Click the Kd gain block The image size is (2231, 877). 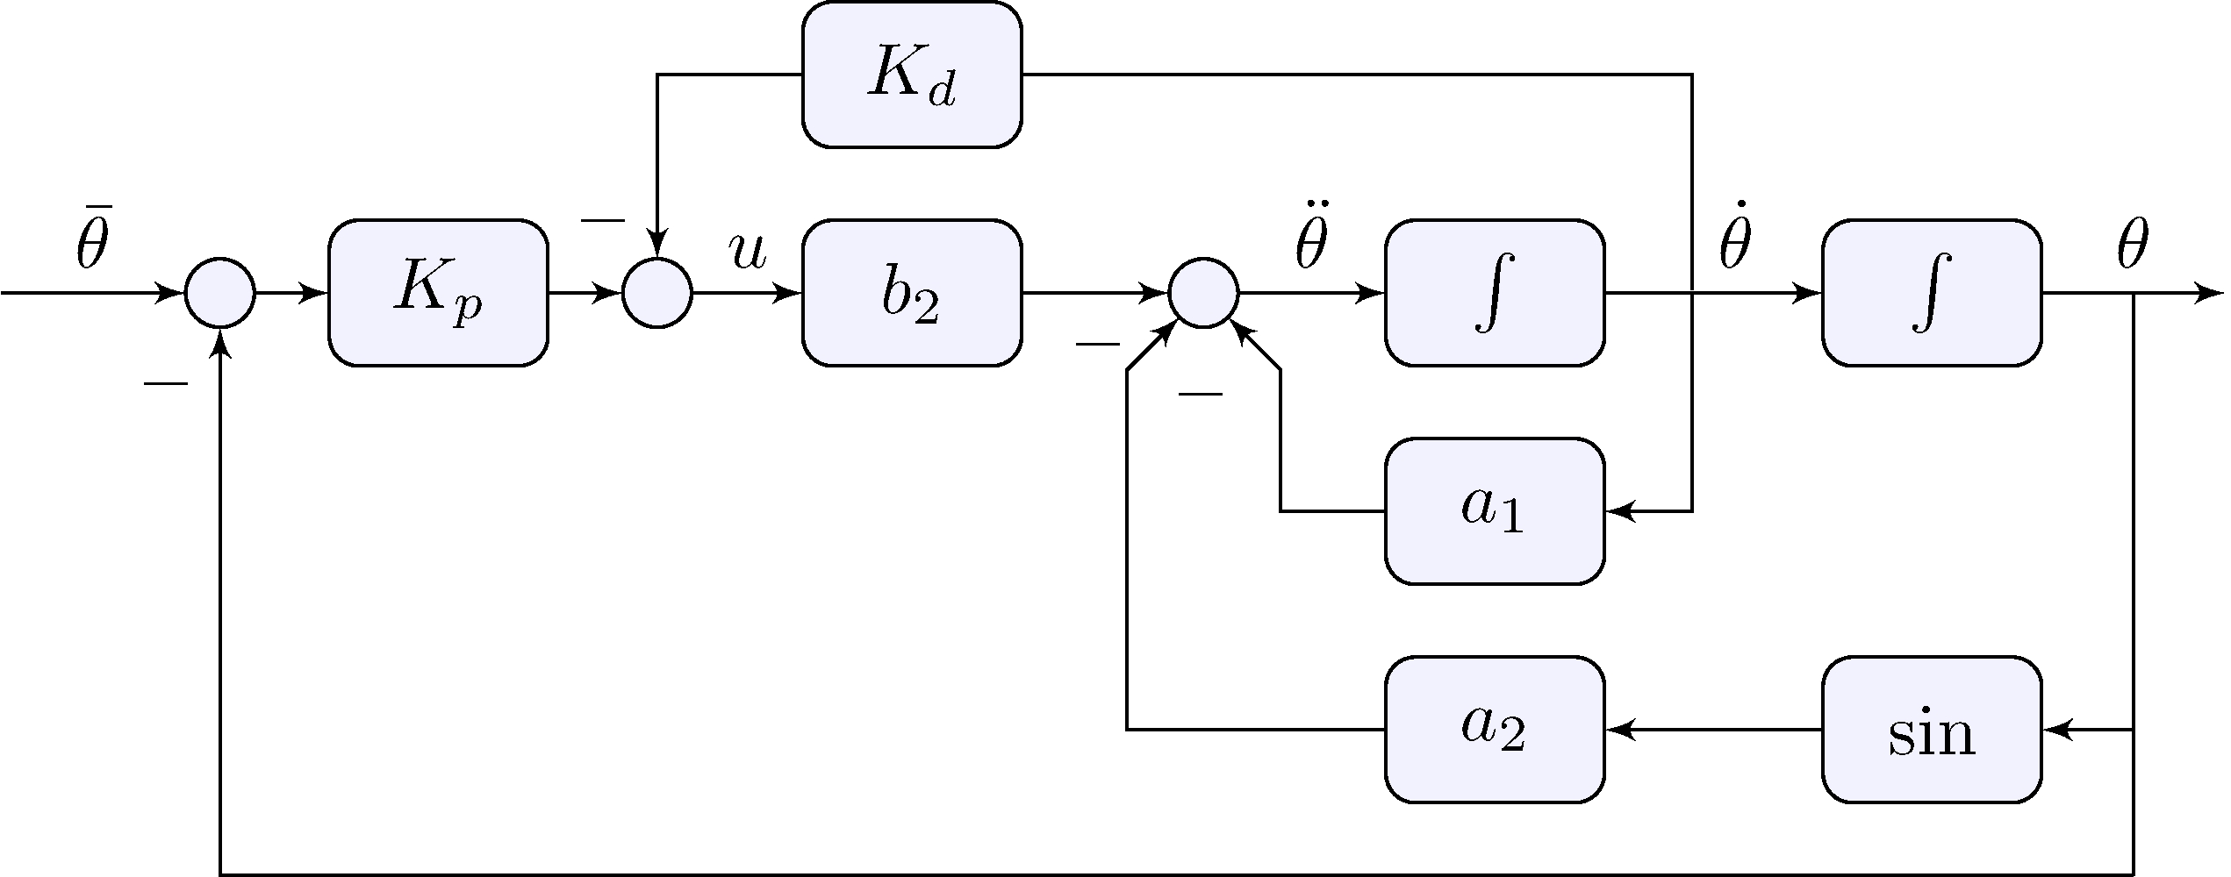click(x=912, y=75)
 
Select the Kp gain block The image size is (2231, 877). click(x=438, y=293)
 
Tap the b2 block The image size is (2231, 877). click(x=912, y=293)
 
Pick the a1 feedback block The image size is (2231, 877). click(x=1495, y=510)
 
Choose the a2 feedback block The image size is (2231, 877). click(x=1495, y=729)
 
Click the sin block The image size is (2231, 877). click(x=1932, y=729)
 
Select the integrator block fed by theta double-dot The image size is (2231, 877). click(x=1495, y=293)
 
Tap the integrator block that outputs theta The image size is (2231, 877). click(x=1932, y=293)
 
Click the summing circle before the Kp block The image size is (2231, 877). click(x=220, y=293)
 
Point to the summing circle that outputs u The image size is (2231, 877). click(x=657, y=293)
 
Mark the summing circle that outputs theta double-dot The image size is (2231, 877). click(x=1204, y=293)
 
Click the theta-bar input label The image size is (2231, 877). click(x=92, y=244)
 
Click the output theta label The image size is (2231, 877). click(x=2133, y=248)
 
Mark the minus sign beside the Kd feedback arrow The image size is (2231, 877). click(x=603, y=220)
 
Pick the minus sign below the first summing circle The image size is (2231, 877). click(x=166, y=384)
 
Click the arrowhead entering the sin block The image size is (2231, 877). click(x=2056, y=729)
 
